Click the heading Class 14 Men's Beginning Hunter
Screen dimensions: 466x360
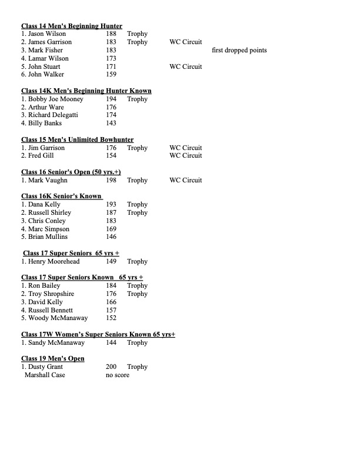pos(72,26)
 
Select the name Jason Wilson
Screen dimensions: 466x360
pos(46,34)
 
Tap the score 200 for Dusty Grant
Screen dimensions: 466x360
pos(111,367)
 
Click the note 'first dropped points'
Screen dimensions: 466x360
pos(239,50)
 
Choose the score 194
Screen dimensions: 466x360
pos(111,99)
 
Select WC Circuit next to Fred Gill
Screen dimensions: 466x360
pos(185,155)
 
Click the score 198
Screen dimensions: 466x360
pos(111,180)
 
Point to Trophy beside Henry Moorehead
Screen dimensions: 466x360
pos(137,261)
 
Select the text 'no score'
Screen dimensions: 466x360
pos(118,375)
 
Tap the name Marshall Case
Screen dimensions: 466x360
pos(45,375)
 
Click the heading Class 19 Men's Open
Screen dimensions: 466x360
pos(53,358)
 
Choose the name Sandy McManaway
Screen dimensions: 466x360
pos(53,342)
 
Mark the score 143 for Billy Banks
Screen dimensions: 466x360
pos(111,123)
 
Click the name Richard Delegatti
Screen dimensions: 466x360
pos(52,115)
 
